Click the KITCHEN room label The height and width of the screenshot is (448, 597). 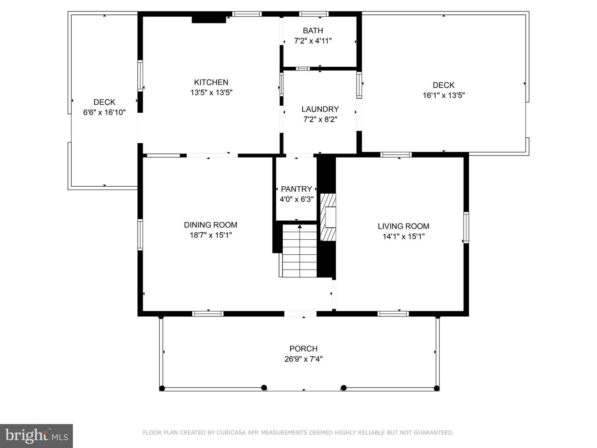click(211, 82)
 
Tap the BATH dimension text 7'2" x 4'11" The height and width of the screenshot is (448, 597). click(313, 41)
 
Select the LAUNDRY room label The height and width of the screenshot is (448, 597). click(320, 109)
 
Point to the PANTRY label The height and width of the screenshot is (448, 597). click(296, 189)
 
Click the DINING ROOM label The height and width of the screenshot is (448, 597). click(211, 225)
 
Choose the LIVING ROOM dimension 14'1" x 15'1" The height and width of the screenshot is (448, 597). click(403, 236)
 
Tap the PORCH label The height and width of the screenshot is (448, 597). click(303, 348)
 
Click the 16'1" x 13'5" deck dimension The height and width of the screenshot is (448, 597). click(443, 95)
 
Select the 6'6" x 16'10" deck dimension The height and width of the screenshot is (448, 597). click(104, 112)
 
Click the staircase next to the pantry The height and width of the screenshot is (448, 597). click(299, 251)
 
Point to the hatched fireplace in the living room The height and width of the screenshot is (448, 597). click(328, 217)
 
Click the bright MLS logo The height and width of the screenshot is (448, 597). click(36, 436)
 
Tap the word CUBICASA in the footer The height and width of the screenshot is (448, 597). click(231, 433)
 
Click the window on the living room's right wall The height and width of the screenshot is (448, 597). click(466, 227)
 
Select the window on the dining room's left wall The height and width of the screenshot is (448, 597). click(140, 234)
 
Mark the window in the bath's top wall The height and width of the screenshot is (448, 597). click(314, 14)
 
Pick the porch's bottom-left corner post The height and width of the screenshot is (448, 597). click(162, 388)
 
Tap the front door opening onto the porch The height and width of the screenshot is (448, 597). click(300, 314)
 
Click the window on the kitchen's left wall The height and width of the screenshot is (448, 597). click(140, 75)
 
